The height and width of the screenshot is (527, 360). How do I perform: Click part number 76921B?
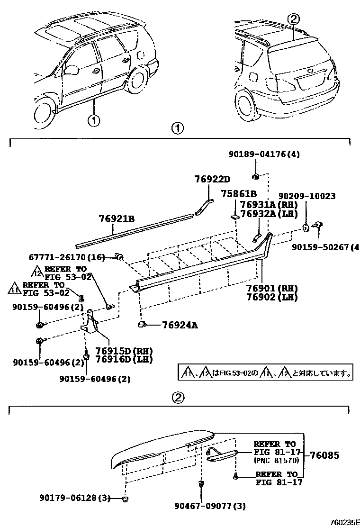pos(117,218)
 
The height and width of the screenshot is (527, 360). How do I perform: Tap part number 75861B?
pos(239,194)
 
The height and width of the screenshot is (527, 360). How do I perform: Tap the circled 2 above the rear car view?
pos(294,19)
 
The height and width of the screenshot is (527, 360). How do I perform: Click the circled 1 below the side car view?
pos(93,120)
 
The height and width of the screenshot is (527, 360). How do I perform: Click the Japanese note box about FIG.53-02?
pos(265,373)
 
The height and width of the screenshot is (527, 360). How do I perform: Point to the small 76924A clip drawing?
pos(141,324)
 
